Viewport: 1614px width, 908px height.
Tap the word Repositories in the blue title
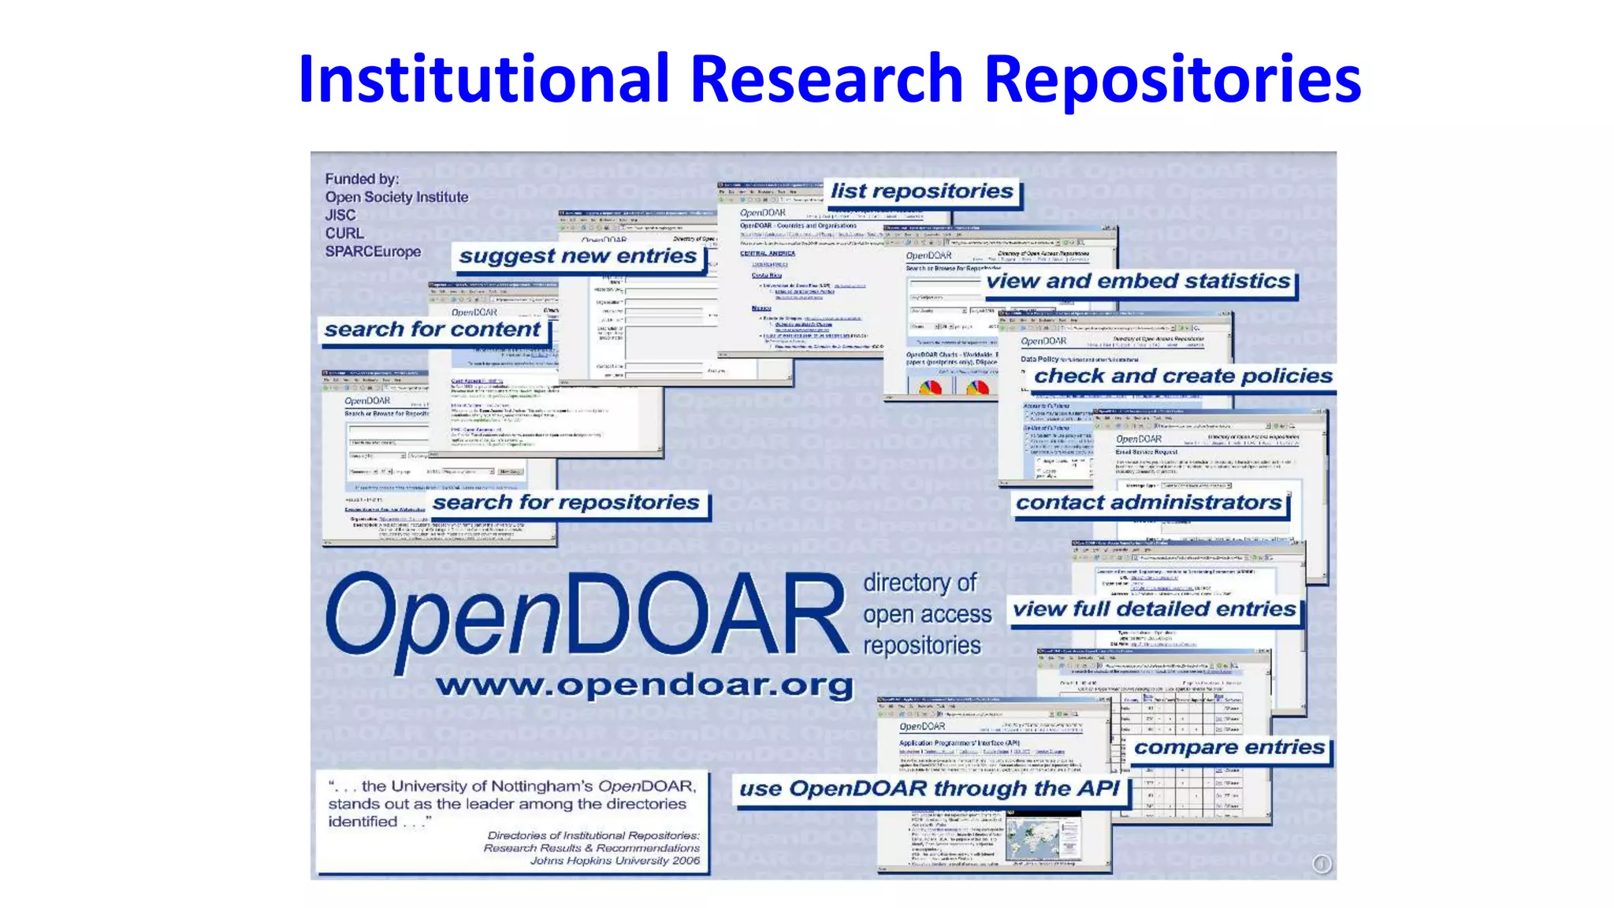coord(1173,79)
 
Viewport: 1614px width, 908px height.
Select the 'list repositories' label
coord(921,192)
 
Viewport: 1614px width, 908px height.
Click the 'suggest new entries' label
coord(578,256)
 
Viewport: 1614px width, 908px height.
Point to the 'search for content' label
coord(433,329)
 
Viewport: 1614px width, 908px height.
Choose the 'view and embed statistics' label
coord(1138,281)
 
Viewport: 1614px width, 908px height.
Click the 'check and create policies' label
coord(1183,376)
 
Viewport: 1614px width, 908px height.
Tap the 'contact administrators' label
coord(1148,503)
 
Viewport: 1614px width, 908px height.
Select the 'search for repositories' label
coord(566,503)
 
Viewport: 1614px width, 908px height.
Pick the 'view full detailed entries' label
coord(1154,609)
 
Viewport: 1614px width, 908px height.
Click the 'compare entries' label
coord(1229,747)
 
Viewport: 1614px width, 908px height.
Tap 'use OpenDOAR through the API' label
coord(929,789)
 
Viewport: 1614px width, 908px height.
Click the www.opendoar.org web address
coord(645,685)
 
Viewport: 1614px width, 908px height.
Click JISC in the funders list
coord(340,215)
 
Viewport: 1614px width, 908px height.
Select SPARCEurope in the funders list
coord(373,251)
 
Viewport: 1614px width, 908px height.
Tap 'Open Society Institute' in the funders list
coord(396,197)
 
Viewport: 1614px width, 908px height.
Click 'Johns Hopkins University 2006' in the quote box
coord(615,861)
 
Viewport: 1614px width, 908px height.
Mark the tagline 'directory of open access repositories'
coord(926,614)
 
